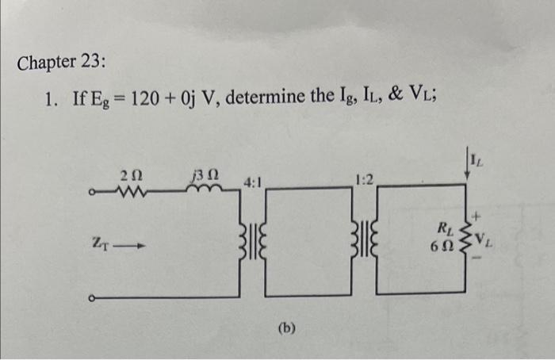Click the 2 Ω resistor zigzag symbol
[128, 190]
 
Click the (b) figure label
[287, 327]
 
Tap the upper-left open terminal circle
[94, 191]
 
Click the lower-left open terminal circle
[94, 299]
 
